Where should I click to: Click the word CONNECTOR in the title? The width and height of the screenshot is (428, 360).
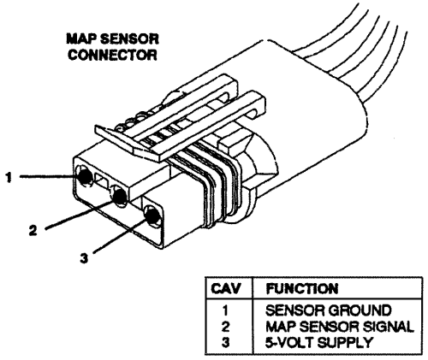pyautogui.click(x=112, y=55)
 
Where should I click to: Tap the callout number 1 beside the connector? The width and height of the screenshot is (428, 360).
pyautogui.click(x=9, y=177)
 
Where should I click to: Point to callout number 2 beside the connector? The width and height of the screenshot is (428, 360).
pyautogui.click(x=33, y=230)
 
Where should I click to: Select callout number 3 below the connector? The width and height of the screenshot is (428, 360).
pyautogui.click(x=84, y=258)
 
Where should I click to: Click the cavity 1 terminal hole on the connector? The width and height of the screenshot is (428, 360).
pyautogui.click(x=85, y=177)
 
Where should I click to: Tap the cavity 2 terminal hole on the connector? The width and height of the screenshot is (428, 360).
pyautogui.click(x=119, y=196)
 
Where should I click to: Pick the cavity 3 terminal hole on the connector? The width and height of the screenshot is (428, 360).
pyautogui.click(x=152, y=215)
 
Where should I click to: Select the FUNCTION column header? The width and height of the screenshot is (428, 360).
pyautogui.click(x=302, y=288)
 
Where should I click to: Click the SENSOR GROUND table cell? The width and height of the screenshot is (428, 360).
pyautogui.click(x=329, y=310)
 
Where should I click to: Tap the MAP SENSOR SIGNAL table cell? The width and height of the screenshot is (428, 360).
pyautogui.click(x=340, y=327)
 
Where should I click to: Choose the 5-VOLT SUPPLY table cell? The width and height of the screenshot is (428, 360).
pyautogui.click(x=319, y=342)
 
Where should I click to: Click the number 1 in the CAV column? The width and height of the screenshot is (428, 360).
pyautogui.click(x=225, y=310)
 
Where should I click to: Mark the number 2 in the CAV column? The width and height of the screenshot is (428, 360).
pyautogui.click(x=225, y=327)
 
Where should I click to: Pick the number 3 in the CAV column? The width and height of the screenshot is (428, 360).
pyautogui.click(x=225, y=342)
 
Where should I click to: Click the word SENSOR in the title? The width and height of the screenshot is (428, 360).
pyautogui.click(x=129, y=38)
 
